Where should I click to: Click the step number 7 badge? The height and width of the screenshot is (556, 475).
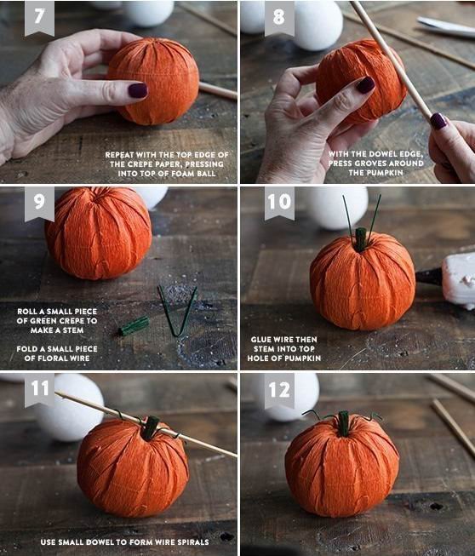[x=39, y=18]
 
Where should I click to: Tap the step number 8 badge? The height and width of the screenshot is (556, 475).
[x=279, y=18]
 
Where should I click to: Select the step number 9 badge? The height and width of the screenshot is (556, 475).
[x=39, y=203]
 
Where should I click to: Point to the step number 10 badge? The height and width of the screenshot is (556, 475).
[x=279, y=203]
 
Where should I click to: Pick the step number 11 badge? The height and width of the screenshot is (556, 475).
[x=39, y=389]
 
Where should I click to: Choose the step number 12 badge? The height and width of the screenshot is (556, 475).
[x=279, y=390]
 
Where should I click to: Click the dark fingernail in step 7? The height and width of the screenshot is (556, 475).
[x=138, y=90]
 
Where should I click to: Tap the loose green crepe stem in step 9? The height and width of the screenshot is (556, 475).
[x=134, y=326]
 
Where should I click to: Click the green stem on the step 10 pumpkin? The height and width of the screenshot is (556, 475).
[x=360, y=240]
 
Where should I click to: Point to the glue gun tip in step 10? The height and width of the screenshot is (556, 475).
[x=429, y=277]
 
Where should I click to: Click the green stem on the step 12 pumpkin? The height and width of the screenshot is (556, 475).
[x=343, y=423]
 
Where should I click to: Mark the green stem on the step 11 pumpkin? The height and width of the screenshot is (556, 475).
[x=151, y=427]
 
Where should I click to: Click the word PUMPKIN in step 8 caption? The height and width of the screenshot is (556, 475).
[x=386, y=173]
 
